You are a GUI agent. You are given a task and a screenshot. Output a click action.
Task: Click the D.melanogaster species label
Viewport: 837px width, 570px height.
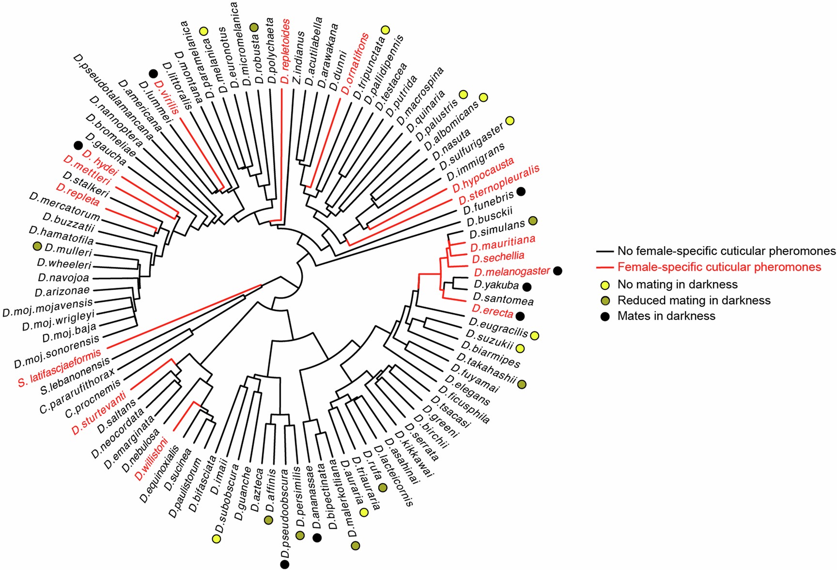tap(512, 272)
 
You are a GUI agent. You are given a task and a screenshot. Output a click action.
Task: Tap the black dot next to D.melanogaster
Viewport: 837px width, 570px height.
tap(558, 271)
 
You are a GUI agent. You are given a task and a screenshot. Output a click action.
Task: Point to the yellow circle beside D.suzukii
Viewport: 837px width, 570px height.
tap(520, 348)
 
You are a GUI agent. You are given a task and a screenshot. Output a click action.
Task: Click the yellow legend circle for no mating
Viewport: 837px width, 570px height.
tap(605, 285)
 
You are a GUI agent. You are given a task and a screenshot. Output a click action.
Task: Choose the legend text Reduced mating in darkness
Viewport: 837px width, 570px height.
tap(694, 301)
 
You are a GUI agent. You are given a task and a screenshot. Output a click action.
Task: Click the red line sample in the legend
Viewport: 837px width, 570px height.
tap(605, 267)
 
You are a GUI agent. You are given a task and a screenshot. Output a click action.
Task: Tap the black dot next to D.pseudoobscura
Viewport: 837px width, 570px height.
tap(285, 564)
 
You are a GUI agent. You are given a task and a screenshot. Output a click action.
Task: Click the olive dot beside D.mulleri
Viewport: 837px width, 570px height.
tap(37, 247)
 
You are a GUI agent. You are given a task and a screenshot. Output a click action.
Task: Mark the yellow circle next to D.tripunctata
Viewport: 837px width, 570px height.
tap(385, 30)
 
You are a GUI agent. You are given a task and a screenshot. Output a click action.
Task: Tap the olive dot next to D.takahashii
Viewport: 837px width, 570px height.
tap(522, 384)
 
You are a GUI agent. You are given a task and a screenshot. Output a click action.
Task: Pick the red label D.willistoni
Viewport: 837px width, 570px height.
tap(152, 459)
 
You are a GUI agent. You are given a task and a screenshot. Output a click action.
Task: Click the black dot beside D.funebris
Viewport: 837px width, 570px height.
tap(521, 191)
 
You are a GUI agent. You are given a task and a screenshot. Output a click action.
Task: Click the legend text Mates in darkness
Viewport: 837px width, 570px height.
tap(666, 316)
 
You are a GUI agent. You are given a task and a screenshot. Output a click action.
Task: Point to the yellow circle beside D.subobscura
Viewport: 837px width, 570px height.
tap(217, 539)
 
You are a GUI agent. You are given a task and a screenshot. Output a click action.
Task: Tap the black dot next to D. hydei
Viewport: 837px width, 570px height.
tap(77, 145)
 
